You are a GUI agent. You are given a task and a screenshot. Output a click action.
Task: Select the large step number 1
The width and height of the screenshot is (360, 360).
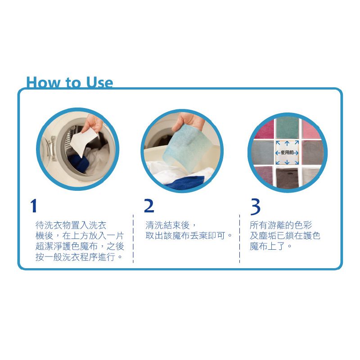click(x=34, y=206)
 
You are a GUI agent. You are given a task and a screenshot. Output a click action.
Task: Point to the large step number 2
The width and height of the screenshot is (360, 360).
click(x=149, y=206)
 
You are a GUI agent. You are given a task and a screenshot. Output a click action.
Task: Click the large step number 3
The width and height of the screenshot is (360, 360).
click(x=255, y=207)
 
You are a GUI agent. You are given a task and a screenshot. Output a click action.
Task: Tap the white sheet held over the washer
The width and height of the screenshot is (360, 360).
click(x=83, y=141)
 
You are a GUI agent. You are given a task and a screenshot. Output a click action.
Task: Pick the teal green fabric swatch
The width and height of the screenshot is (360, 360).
click(x=287, y=129)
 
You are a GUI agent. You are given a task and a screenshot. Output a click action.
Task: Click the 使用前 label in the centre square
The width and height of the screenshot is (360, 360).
click(x=287, y=153)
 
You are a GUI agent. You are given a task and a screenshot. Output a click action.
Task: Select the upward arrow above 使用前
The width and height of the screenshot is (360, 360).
click(x=287, y=144)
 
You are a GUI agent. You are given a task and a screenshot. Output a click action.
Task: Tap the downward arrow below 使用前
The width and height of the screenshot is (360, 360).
click(x=287, y=162)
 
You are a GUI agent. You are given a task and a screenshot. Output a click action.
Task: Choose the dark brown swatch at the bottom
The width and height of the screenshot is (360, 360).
click(x=287, y=177)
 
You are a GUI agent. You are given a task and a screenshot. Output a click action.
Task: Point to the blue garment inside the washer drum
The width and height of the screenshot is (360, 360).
click(x=79, y=162)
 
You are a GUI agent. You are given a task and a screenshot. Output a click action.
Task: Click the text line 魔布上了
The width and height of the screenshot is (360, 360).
click(x=270, y=246)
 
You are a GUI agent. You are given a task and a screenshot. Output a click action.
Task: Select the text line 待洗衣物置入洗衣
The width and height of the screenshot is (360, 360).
click(x=71, y=225)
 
